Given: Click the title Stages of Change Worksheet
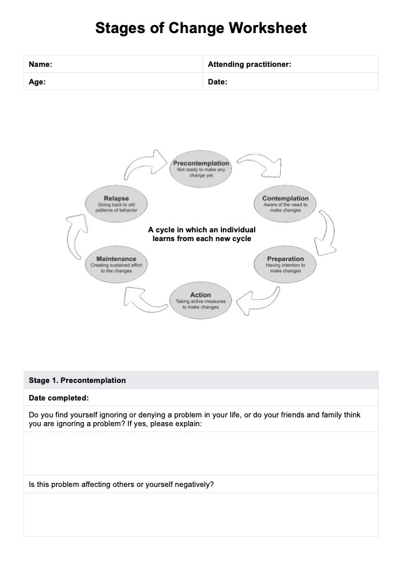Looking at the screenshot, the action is [200, 28].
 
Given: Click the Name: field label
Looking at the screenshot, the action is [41, 64].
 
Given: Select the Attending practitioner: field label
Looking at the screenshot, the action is [249, 64].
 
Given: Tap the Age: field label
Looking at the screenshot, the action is [37, 82].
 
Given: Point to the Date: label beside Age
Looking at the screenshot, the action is [217, 82].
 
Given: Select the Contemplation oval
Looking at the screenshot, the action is [285, 204].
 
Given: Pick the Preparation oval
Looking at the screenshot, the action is [285, 264].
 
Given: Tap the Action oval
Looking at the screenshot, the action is [200, 300].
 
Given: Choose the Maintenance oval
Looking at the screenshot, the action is [116, 264].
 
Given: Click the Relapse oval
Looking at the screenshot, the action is [116, 204].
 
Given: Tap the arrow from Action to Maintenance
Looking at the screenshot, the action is [140, 299].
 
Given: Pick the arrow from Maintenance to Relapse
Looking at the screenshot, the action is [74, 234].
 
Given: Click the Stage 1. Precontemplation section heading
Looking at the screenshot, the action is [77, 380].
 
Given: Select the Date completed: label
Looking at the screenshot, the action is [59, 398].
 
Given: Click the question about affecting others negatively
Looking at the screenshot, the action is [122, 484].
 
